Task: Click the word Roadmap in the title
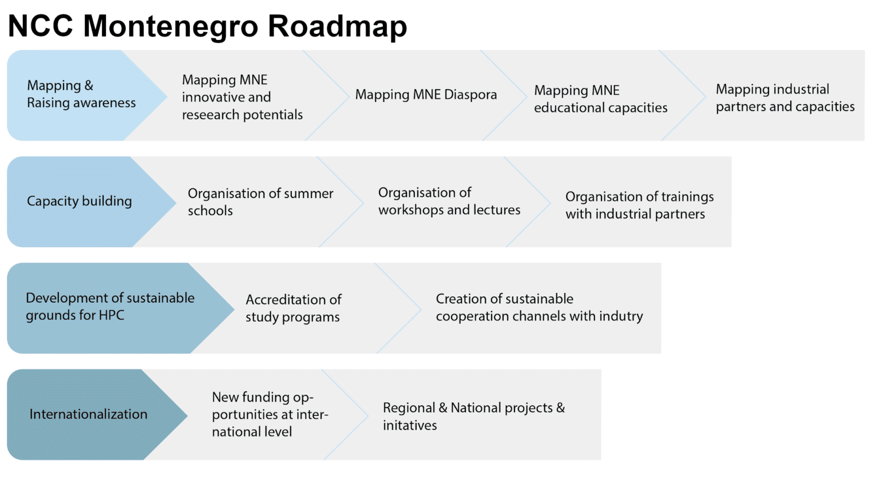point(338,26)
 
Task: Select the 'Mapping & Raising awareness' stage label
point(81,94)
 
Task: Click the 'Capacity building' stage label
point(80,201)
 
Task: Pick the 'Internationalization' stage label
point(88,414)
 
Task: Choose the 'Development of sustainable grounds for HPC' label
point(110,306)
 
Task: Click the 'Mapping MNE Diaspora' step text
point(426,94)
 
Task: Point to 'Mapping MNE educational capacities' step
point(600,99)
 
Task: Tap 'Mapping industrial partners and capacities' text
point(785,98)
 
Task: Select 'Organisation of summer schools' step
point(260,202)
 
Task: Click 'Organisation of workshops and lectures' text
point(449,201)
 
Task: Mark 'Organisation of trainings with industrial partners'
point(640,205)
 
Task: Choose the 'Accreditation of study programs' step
point(294,308)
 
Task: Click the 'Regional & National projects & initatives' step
point(474,416)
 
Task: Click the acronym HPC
point(112,315)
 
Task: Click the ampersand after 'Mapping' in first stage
point(89,85)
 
